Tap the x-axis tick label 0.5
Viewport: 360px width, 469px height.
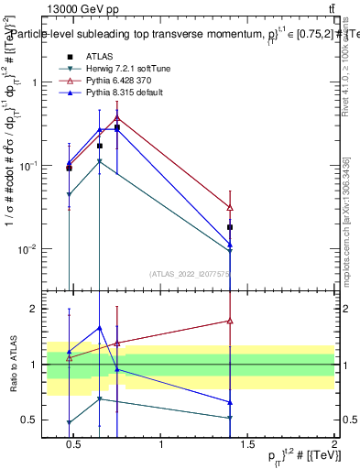[77, 444]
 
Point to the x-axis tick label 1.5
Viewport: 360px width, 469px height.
[247, 444]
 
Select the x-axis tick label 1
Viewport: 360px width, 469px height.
[162, 444]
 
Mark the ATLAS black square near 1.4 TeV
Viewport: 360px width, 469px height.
[230, 227]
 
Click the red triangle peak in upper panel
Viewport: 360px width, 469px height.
[117, 117]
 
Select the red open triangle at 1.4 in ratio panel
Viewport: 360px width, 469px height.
[230, 321]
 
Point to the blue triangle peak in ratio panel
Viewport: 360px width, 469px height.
[99, 328]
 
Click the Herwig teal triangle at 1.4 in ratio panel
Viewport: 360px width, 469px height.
[230, 418]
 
